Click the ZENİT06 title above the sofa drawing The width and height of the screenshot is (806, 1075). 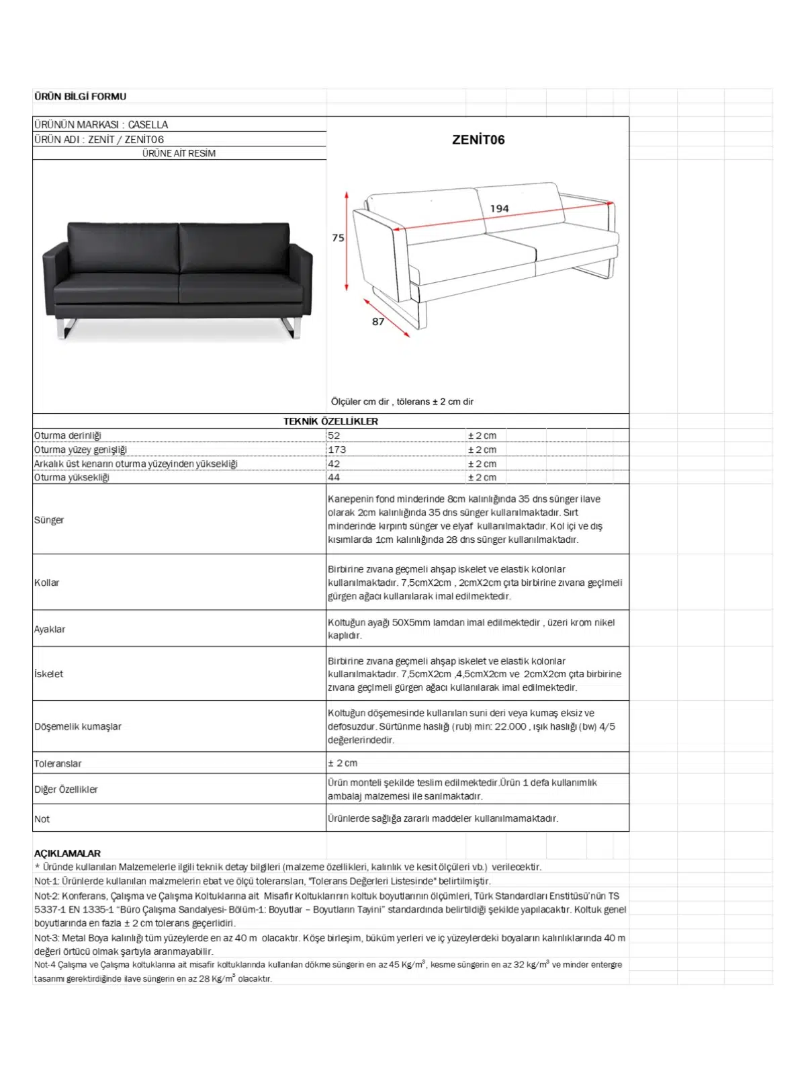tap(478, 140)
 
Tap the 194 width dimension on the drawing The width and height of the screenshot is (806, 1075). tap(499, 209)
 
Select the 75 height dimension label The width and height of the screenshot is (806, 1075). tap(338, 238)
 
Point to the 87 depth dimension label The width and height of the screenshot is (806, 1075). tap(378, 322)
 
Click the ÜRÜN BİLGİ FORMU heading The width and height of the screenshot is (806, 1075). tap(80, 97)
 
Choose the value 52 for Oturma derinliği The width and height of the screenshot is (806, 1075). tap(334, 435)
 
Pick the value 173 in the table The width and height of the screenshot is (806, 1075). tap(337, 449)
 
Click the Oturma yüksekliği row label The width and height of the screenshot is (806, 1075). tap(72, 478)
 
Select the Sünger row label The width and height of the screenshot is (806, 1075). tap(49, 520)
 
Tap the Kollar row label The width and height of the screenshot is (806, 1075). tap(47, 583)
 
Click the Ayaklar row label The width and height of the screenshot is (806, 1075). tap(50, 630)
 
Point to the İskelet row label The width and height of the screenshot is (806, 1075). tap(49, 674)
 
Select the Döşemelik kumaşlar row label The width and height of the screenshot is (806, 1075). tap(78, 726)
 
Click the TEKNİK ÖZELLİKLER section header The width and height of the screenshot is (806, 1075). tap(330, 421)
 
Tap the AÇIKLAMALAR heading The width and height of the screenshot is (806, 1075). tap(67, 853)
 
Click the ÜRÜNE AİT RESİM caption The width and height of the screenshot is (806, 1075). tap(179, 153)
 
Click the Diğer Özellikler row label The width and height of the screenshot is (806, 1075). tap(66, 789)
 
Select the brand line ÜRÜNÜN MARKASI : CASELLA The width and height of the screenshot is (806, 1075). tap(101, 125)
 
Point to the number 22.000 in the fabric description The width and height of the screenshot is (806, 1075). tap(510, 726)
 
